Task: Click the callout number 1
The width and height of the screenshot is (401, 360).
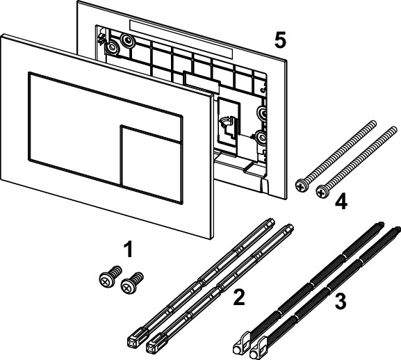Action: tap(128, 250)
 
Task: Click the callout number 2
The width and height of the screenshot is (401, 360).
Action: tap(239, 297)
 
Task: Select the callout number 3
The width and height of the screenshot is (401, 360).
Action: tap(341, 301)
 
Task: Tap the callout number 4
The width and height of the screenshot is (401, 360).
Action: tap(341, 202)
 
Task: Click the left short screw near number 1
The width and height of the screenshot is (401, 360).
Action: tap(110, 277)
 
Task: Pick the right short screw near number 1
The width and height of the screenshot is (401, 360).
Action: tap(132, 283)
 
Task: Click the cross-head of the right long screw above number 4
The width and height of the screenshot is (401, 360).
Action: tap(322, 192)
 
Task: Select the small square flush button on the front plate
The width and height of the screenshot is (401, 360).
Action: tap(152, 164)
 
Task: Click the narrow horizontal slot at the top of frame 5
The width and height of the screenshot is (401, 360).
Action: tap(181, 39)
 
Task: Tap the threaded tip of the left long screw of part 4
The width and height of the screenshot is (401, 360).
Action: tap(374, 123)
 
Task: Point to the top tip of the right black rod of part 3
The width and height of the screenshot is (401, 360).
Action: tap(397, 229)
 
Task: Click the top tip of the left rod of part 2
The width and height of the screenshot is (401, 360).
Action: tap(272, 222)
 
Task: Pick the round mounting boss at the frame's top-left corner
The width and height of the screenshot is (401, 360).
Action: tap(112, 47)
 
